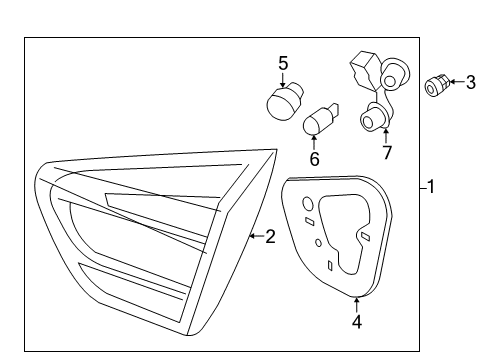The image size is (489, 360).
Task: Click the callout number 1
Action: [431, 187]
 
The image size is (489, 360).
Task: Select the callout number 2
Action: [270, 236]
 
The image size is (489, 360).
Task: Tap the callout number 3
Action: [470, 82]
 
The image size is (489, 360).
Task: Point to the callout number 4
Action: [357, 322]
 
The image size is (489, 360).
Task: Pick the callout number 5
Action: [283, 63]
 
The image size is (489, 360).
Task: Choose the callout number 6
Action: [314, 159]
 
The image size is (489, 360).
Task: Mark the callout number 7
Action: [386, 153]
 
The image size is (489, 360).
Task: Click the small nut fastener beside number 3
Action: [436, 85]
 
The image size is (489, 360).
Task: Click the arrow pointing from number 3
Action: [457, 82]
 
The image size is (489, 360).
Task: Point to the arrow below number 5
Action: [283, 80]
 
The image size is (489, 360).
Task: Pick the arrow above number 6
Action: [314, 142]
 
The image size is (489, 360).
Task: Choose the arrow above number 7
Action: [386, 136]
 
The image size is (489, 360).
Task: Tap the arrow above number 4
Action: [357, 305]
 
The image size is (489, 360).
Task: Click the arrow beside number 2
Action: [257, 236]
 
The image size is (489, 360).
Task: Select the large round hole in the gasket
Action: [308, 204]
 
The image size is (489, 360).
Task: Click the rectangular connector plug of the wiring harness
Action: [364, 70]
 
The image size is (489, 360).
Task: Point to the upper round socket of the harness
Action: [395, 74]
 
